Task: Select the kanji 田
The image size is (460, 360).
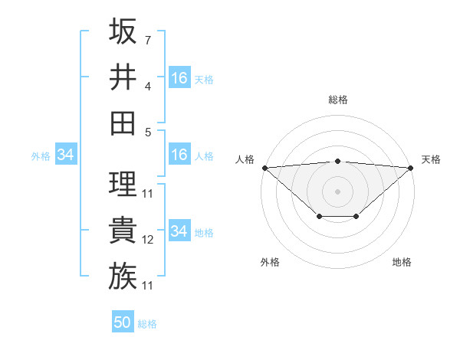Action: click(123, 123)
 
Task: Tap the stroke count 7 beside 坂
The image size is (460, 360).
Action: click(148, 39)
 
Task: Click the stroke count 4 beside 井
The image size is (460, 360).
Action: click(148, 86)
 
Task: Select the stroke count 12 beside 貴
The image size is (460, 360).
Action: click(148, 240)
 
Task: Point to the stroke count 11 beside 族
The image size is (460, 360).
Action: click(148, 286)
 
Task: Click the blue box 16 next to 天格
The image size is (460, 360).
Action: click(179, 78)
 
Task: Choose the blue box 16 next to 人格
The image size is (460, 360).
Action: click(179, 155)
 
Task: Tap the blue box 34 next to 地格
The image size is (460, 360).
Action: click(179, 231)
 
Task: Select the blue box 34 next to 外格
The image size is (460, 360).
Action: click(65, 155)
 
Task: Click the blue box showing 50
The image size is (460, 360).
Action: click(123, 322)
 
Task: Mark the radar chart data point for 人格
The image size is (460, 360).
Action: click(264, 168)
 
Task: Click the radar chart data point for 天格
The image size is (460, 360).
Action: click(412, 168)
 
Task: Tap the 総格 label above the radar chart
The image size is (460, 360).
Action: click(338, 100)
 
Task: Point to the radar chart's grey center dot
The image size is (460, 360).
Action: click(338, 191)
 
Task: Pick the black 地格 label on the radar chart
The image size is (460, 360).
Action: click(402, 262)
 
